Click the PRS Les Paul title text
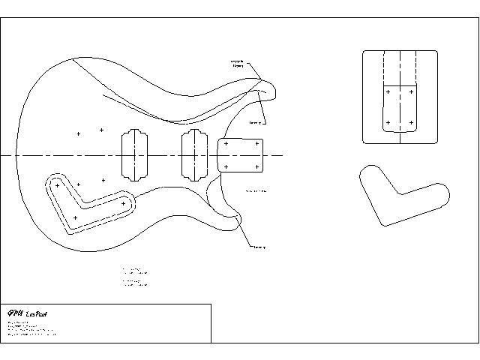pyautogui.click(x=28, y=313)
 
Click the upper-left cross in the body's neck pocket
pyautogui.click(x=226, y=143)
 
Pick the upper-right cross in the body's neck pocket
pyautogui.click(x=257, y=143)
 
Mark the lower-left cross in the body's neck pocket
pyautogui.click(x=226, y=166)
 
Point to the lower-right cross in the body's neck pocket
pyautogui.click(x=257, y=166)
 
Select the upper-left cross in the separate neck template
pyautogui.click(x=388, y=92)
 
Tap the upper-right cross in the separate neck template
pyautogui.click(x=412, y=92)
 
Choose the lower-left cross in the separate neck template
pyautogui.click(x=388, y=121)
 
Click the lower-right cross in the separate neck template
pyautogui.click(x=412, y=121)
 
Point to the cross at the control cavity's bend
pyautogui.click(x=58, y=184)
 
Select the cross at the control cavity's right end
pyautogui.click(x=123, y=203)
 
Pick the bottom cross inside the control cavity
pyautogui.click(x=75, y=217)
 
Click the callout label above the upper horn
pyautogui.click(x=237, y=63)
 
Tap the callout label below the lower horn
pyautogui.click(x=259, y=247)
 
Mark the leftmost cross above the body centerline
pyautogui.click(x=78, y=134)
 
